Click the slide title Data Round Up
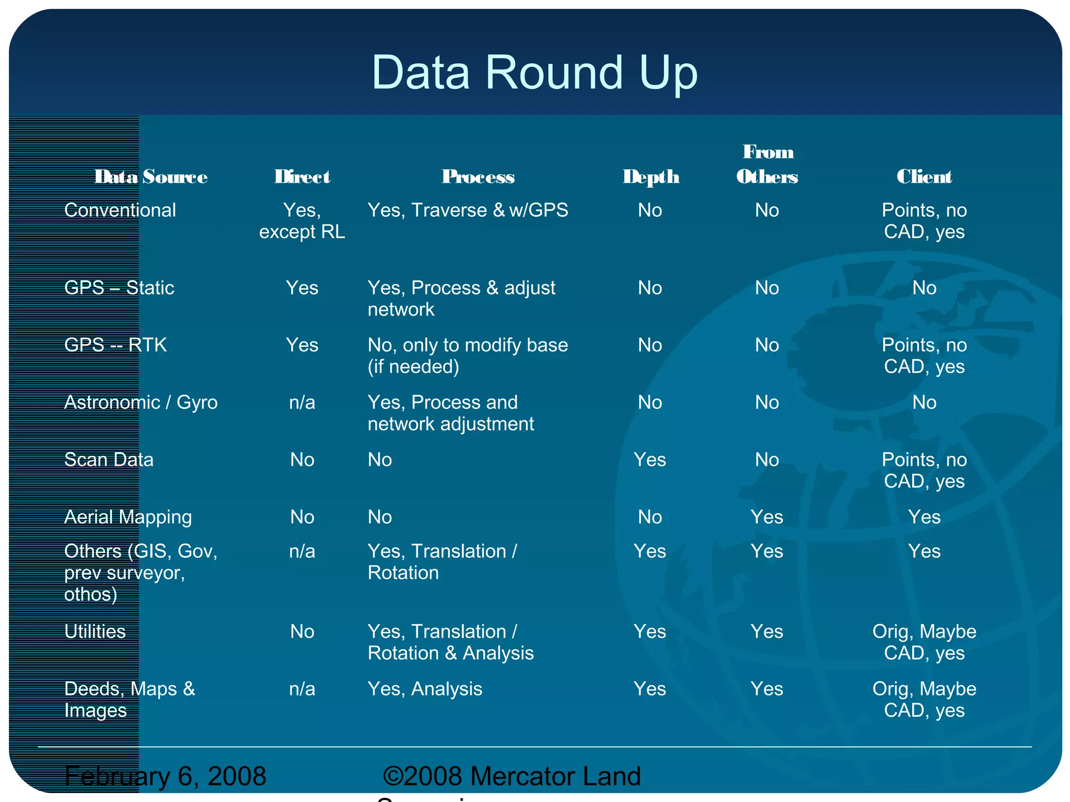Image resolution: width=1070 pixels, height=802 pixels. point(534,73)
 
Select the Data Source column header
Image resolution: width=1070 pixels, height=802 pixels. point(151,177)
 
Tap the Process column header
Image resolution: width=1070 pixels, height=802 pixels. point(478,177)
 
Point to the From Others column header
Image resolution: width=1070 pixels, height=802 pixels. point(767,164)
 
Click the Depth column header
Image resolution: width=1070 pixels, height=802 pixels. point(651,177)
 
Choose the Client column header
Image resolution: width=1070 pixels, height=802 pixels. point(924,177)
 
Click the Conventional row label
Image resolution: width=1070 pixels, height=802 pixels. point(120,210)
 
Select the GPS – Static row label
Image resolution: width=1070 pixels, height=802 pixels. point(119,288)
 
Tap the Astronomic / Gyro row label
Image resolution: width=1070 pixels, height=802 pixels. point(141,403)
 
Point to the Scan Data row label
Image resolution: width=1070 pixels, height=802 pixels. point(109,460)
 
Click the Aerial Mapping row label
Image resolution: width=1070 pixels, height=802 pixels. point(128,517)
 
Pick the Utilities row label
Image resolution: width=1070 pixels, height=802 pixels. point(95,632)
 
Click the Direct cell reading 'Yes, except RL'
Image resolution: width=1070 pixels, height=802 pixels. point(302,221)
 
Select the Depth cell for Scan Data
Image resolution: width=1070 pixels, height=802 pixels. point(650,460)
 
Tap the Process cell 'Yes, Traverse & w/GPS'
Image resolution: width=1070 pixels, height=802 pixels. point(468,210)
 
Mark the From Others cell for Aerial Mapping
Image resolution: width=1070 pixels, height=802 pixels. point(767,517)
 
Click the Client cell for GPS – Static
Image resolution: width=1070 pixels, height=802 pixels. point(924,288)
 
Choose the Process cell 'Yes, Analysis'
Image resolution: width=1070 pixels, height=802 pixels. point(425,689)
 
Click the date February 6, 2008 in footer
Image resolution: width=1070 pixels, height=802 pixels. point(165,776)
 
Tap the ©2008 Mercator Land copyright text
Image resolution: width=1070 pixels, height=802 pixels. point(511,776)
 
